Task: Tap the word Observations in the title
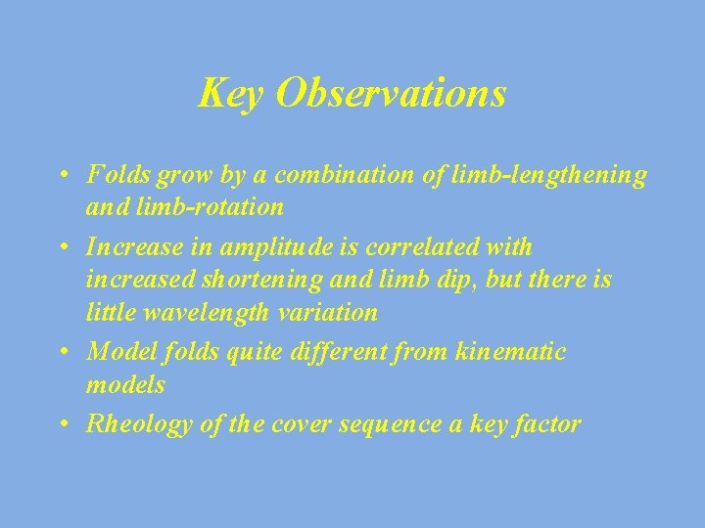(391, 94)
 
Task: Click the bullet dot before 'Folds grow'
(62, 176)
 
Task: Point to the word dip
(441, 281)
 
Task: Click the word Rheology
(130, 424)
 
